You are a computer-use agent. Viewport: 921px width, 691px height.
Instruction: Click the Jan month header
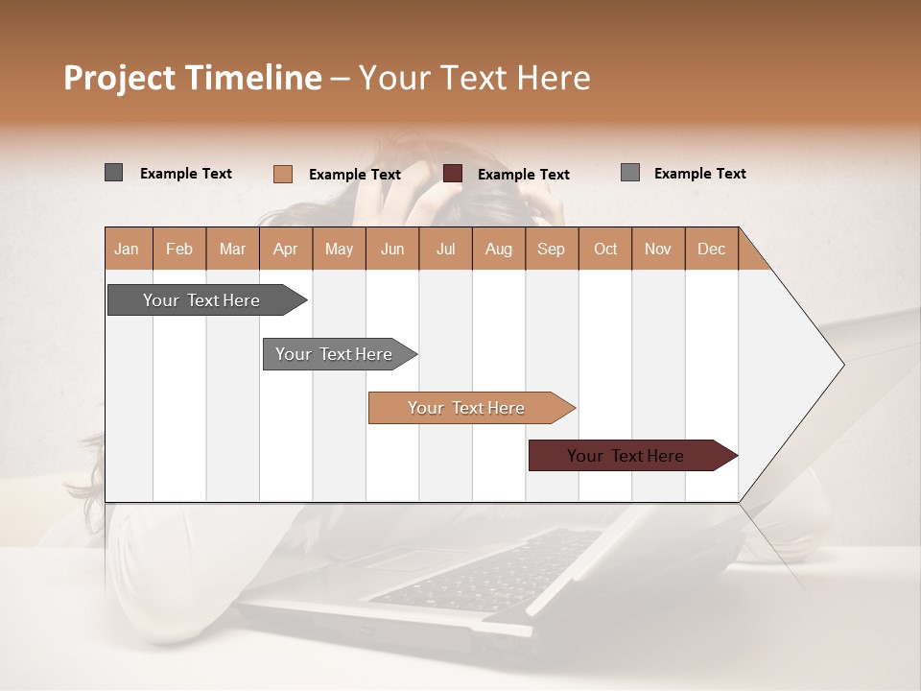point(128,249)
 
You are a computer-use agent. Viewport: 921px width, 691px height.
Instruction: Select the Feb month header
point(179,249)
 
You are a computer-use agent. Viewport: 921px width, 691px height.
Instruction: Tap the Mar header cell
point(232,249)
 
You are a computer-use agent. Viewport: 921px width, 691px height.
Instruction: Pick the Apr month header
point(286,249)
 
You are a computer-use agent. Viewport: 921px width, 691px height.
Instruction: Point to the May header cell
point(339,249)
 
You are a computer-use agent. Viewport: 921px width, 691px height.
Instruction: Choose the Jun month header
point(392,249)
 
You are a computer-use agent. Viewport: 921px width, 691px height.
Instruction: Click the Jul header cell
point(445,249)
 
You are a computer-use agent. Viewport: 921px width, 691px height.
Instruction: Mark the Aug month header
point(499,249)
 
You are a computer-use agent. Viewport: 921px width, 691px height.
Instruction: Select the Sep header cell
point(552,249)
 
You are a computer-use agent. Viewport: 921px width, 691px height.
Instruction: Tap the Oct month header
point(605,249)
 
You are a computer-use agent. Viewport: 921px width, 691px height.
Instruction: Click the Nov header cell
point(658,249)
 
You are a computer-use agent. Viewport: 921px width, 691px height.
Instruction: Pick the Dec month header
point(712,249)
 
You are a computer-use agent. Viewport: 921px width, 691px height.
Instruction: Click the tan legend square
point(283,174)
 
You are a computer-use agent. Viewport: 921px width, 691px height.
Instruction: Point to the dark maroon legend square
point(453,174)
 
